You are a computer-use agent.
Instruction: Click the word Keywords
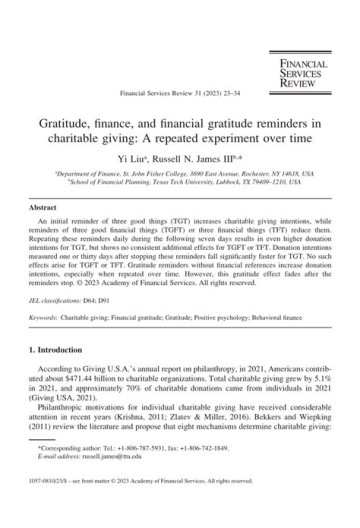(x=42, y=317)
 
